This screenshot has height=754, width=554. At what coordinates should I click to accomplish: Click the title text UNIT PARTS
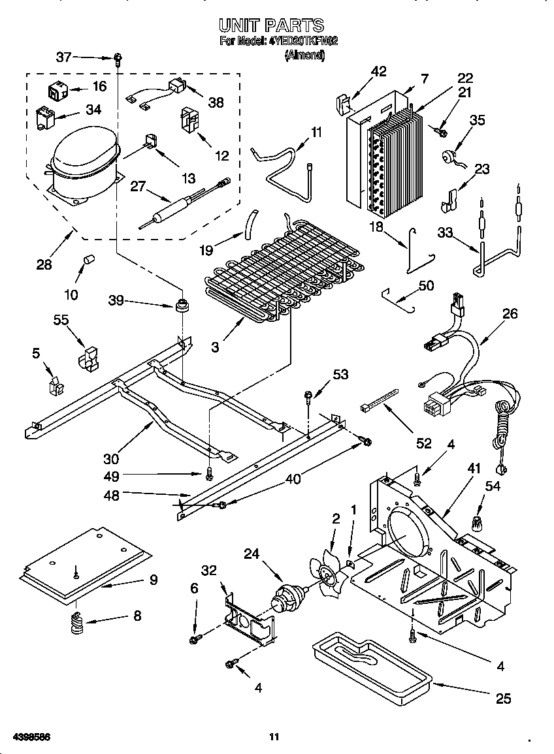[x=271, y=25]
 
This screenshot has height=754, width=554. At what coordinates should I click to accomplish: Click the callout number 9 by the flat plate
[x=154, y=579]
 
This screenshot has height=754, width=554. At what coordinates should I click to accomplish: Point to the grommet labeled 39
[x=181, y=306]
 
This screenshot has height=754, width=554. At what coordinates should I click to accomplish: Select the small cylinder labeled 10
[x=85, y=263]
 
